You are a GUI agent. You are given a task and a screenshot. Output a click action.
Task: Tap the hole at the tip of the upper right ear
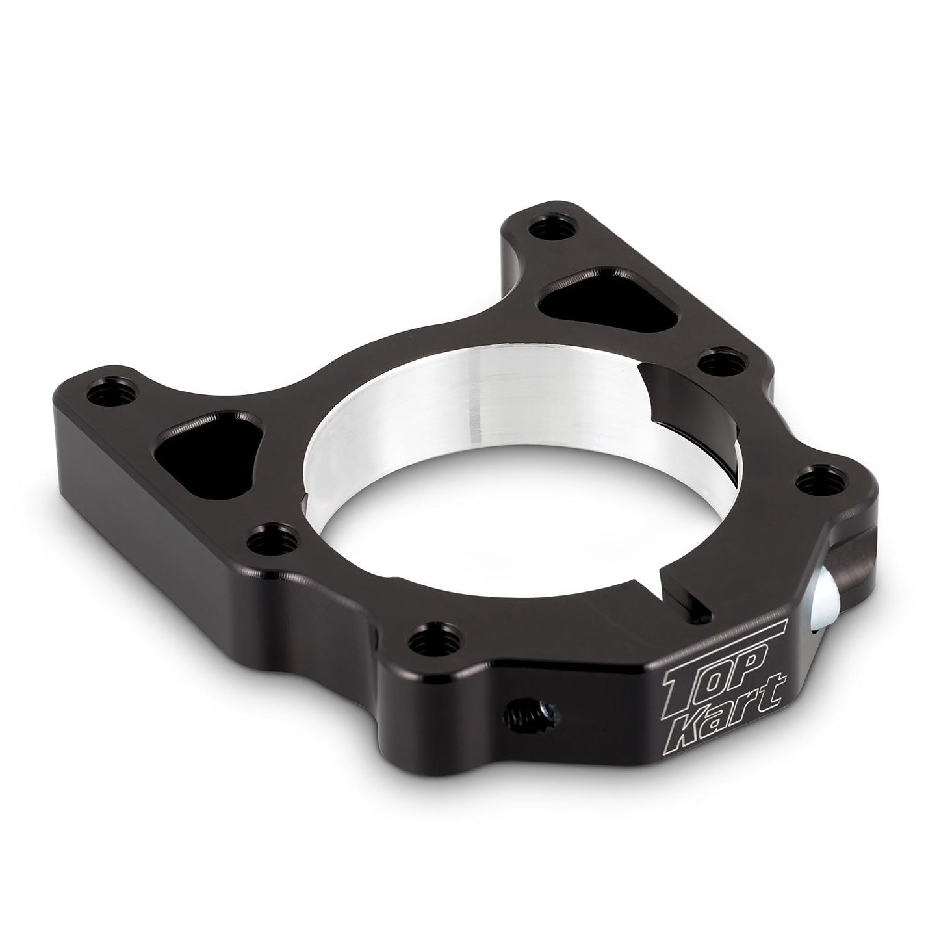553,228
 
